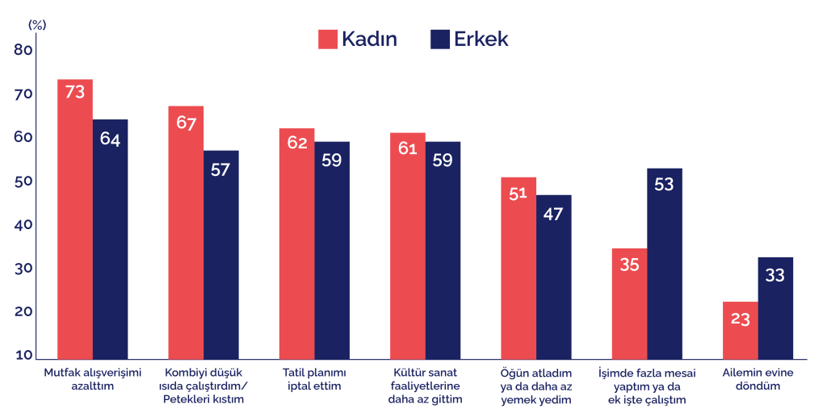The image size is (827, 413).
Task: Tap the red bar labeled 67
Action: click(x=186, y=232)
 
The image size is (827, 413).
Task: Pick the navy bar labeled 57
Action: click(x=220, y=255)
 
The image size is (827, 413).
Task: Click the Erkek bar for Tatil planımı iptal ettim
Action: click(x=332, y=250)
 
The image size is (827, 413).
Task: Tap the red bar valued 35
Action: click(x=630, y=303)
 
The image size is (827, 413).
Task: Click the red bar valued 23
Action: click(x=741, y=331)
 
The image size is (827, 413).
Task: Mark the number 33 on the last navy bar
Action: click(x=775, y=276)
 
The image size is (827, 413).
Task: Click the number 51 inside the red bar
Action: click(x=518, y=194)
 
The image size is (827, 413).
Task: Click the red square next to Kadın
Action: click(x=328, y=40)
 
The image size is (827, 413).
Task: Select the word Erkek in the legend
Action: click(x=481, y=40)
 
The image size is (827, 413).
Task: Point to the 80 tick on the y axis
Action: click(x=23, y=50)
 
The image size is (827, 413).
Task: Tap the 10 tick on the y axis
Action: click(x=23, y=356)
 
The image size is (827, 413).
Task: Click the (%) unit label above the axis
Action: click(x=37, y=24)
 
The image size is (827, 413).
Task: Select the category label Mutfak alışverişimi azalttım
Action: click(x=92, y=380)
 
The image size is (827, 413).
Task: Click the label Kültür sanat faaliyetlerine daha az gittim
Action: click(x=425, y=386)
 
